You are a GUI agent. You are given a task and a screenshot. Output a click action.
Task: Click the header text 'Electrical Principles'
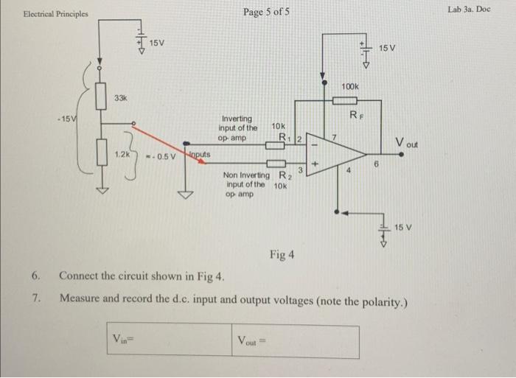pos(55,14)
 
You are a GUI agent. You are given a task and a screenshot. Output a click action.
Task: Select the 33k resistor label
pos(120,98)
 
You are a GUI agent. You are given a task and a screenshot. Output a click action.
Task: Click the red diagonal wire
pos(158,134)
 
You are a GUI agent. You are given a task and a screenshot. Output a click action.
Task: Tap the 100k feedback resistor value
pos(350,88)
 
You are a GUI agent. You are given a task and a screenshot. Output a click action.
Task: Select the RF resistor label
pos(355,114)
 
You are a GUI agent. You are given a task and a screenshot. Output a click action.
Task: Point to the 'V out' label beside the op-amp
pos(405,142)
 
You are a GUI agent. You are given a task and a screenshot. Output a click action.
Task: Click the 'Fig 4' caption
pos(282,255)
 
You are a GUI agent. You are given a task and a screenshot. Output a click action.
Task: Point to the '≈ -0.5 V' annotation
pos(161,156)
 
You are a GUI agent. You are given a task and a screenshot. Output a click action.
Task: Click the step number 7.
pos(35,298)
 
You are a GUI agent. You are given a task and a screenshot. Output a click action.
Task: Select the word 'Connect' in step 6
pos(81,277)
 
